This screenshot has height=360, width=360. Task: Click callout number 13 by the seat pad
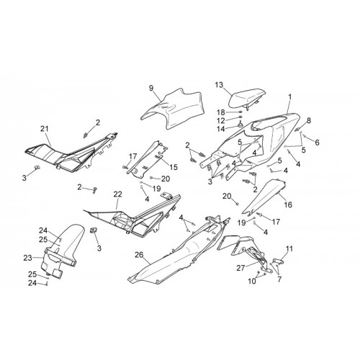coord(219,85)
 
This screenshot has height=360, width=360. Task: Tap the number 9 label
coord(151,88)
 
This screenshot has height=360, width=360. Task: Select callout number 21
coord(45,129)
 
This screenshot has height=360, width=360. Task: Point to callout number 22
coord(118,194)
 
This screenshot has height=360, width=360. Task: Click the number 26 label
coord(139,255)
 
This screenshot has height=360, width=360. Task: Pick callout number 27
coord(240,268)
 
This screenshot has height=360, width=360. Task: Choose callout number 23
coord(28,258)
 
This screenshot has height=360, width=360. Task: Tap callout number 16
coord(288,204)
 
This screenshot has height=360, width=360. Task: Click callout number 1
coord(290,97)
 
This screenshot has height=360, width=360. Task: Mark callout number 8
coord(309,120)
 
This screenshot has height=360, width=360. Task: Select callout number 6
coord(317,143)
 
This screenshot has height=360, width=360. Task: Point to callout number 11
coord(289,249)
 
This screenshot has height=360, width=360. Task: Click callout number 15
coord(174,167)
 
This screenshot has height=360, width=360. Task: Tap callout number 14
coord(221,129)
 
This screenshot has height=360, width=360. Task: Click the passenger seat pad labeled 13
coord(247,99)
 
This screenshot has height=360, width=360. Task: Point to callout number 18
coord(221,112)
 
